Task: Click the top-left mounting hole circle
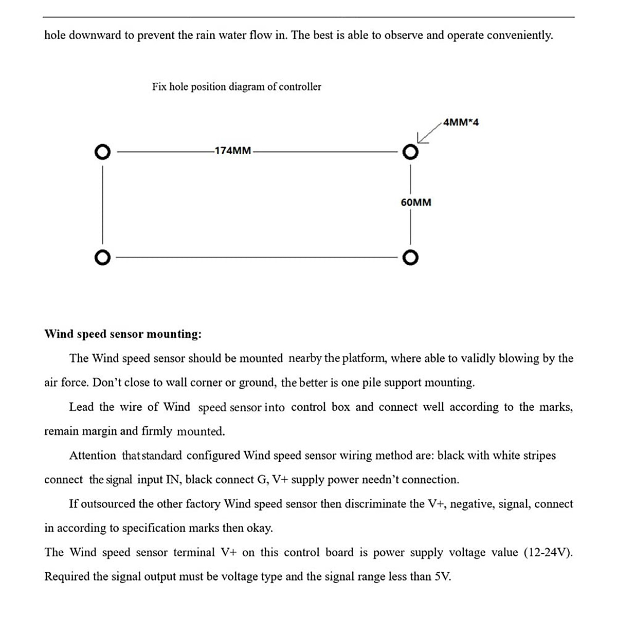tap(102, 152)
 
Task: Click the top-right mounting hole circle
tap(410, 152)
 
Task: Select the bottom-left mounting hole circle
tap(102, 257)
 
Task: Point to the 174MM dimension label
tap(233, 151)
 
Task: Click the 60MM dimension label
tap(416, 203)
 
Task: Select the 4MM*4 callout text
tap(461, 122)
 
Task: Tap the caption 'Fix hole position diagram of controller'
tap(237, 87)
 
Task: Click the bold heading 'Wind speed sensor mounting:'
tap(123, 334)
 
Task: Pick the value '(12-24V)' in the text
tap(548, 553)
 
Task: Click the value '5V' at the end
tap(443, 577)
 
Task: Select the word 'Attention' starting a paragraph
tap(93, 456)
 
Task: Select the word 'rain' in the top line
tap(206, 35)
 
